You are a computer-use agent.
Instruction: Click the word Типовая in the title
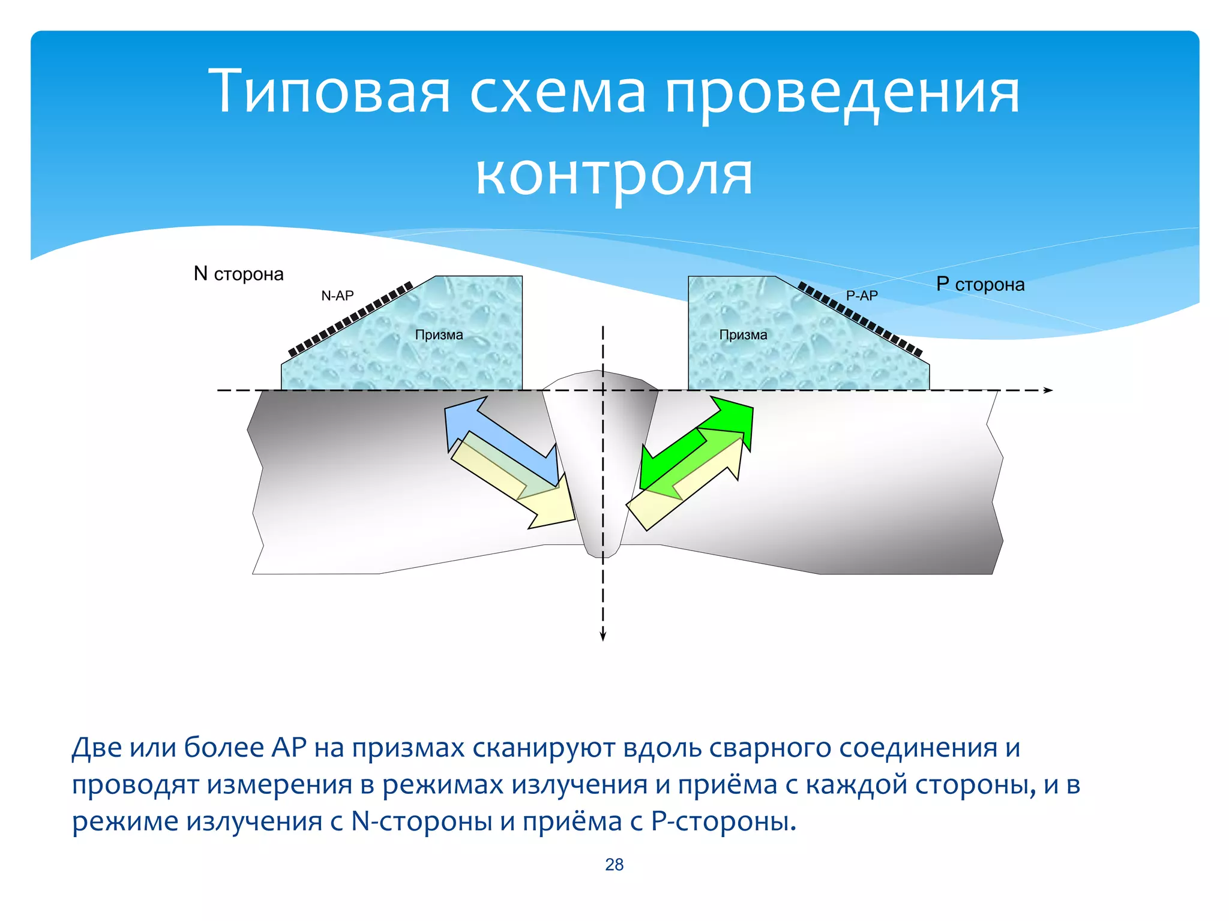[x=329, y=91]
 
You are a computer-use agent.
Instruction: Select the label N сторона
[x=238, y=274]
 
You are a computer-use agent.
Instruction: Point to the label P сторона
[x=980, y=284]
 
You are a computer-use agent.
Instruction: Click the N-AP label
[x=337, y=296]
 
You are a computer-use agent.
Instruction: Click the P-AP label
[x=862, y=296]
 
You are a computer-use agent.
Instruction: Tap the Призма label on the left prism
[x=439, y=335]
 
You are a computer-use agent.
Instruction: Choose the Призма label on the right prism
[x=743, y=335]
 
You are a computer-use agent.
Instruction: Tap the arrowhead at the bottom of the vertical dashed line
[x=603, y=637]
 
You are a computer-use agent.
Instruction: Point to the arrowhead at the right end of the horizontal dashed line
[x=1048, y=390]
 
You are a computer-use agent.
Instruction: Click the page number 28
[x=614, y=864]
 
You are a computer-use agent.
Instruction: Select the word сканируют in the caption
[x=544, y=748]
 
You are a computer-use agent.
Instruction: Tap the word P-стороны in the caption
[x=723, y=821]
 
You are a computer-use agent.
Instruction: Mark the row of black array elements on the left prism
[x=350, y=318]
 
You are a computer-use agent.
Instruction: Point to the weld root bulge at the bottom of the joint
[x=602, y=549]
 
